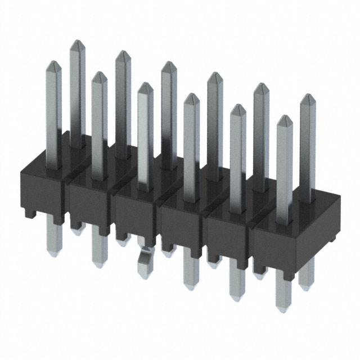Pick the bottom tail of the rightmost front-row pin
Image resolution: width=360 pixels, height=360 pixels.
tap(283, 295)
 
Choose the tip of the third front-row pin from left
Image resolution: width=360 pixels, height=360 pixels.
tap(145, 87)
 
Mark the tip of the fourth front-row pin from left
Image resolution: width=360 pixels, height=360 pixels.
tap(191, 97)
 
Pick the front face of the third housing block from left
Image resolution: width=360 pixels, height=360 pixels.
tap(135, 214)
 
